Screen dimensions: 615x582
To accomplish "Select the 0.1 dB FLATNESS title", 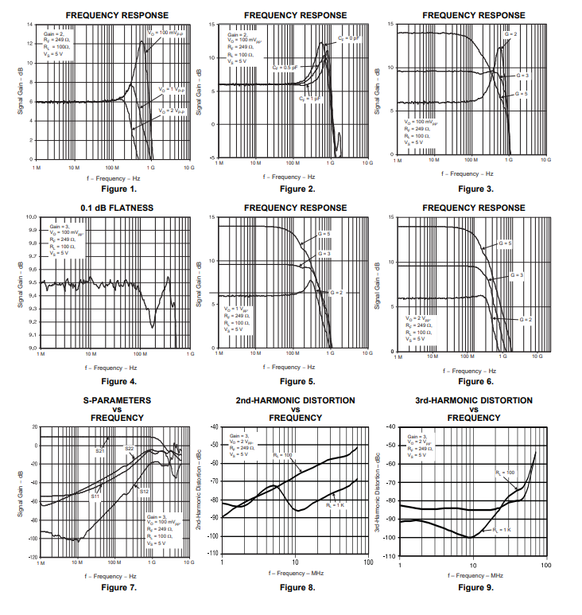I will click(117, 208).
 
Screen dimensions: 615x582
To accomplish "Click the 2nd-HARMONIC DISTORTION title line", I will click(295, 400).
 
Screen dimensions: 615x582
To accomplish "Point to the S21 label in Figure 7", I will click(100, 451).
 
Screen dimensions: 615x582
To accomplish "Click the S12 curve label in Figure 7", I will click(144, 492).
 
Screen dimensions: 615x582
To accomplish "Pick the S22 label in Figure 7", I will click(129, 449).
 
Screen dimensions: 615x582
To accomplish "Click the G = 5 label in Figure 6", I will click(506, 243).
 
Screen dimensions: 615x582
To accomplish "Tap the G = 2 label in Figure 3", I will click(510, 34).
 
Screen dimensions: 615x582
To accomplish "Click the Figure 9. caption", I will click(475, 588).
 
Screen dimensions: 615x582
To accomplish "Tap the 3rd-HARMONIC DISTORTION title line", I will click(474, 400).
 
